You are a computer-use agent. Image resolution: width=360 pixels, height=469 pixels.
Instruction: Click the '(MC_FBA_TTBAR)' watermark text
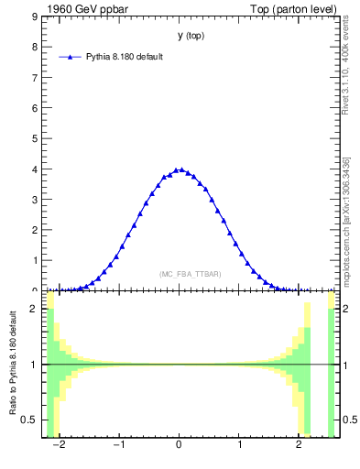click(x=191, y=274)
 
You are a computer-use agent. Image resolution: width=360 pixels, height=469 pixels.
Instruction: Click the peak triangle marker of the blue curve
click(x=180, y=169)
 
